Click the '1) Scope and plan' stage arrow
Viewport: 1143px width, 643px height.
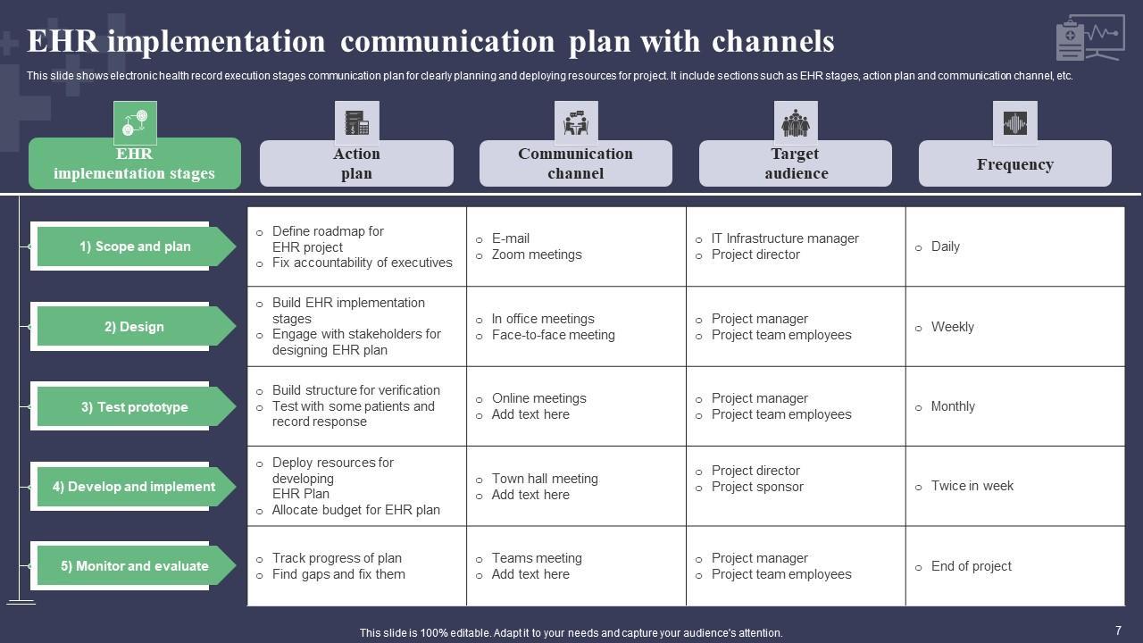(134, 246)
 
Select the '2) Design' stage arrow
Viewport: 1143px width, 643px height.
(134, 327)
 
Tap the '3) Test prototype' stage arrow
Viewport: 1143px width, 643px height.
(134, 407)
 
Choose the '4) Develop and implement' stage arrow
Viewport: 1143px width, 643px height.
(134, 487)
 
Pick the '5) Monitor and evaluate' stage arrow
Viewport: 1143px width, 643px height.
(134, 566)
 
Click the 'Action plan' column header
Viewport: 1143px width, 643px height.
(356, 163)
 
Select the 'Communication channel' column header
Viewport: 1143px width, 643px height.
(575, 163)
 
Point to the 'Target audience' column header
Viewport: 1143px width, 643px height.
(795, 163)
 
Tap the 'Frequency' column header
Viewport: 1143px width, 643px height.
(1014, 164)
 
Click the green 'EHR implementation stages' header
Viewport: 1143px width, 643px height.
(134, 163)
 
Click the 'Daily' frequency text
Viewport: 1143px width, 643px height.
(945, 246)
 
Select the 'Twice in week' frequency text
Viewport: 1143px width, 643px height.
(972, 486)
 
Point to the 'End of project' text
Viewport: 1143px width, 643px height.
(971, 566)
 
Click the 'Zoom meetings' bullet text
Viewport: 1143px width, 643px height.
(536, 255)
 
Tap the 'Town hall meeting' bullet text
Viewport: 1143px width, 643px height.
(544, 479)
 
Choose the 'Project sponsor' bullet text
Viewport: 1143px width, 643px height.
(756, 487)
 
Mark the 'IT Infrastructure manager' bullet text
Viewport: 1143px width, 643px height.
(784, 238)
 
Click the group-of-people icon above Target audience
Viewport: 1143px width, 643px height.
(795, 123)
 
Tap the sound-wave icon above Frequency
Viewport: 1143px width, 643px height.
(1014, 123)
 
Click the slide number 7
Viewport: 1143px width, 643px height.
(1118, 630)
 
